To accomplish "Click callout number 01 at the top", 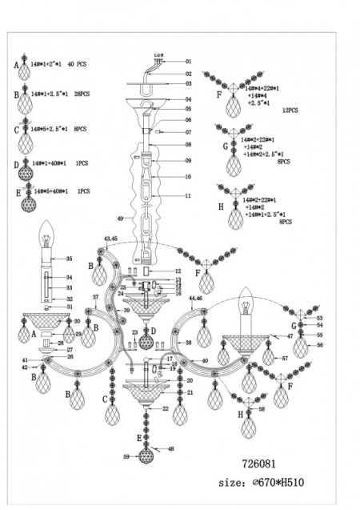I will point(190,61).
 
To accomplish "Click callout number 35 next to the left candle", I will point(69,259).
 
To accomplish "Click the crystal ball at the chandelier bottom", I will point(146,457).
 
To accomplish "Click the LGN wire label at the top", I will point(158,55).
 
